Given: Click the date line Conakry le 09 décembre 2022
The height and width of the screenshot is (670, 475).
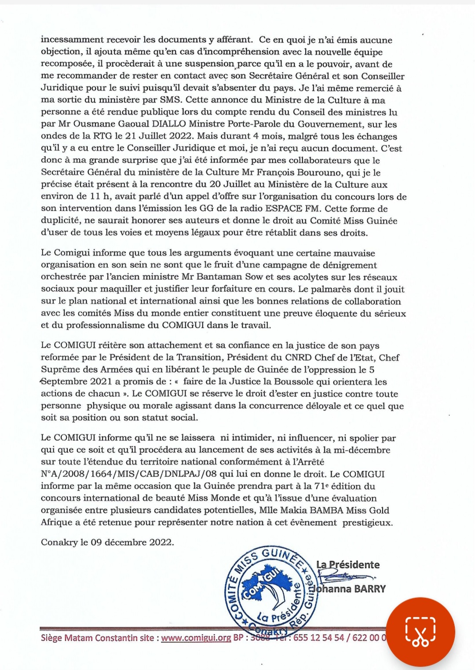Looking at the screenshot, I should [x=107, y=542].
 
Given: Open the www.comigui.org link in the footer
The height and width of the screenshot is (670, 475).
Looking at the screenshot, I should [x=196, y=638].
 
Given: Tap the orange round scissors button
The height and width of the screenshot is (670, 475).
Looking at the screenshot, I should [x=420, y=632].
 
